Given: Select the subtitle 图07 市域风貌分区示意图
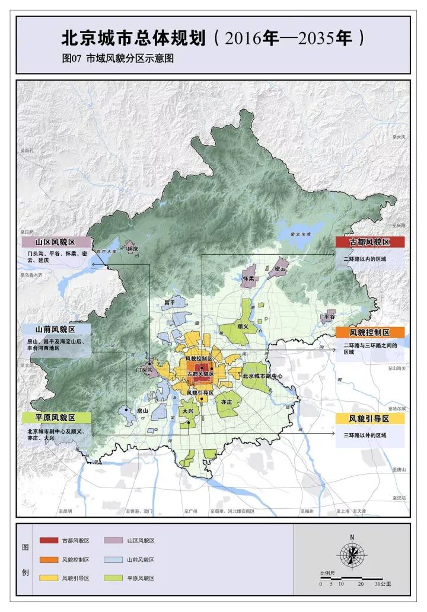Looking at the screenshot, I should [x=118, y=59].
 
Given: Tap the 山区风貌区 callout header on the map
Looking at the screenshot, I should [x=56, y=242].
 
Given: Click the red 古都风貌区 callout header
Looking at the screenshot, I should [x=369, y=242].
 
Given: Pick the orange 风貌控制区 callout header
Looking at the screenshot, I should [x=369, y=332].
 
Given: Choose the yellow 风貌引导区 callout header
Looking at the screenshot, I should [x=369, y=419].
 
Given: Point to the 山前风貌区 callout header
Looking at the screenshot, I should [x=56, y=329].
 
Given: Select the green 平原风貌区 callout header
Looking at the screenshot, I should [x=56, y=418].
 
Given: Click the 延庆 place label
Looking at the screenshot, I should [x=132, y=249].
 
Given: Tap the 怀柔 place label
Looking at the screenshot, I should [x=248, y=278].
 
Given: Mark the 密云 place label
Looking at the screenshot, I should [x=280, y=268].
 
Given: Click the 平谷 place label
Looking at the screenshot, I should [x=329, y=318].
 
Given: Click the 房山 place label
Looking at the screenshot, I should [x=142, y=410].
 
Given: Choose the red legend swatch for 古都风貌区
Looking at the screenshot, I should [x=49, y=541].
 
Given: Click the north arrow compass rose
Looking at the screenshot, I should [x=352, y=555].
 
